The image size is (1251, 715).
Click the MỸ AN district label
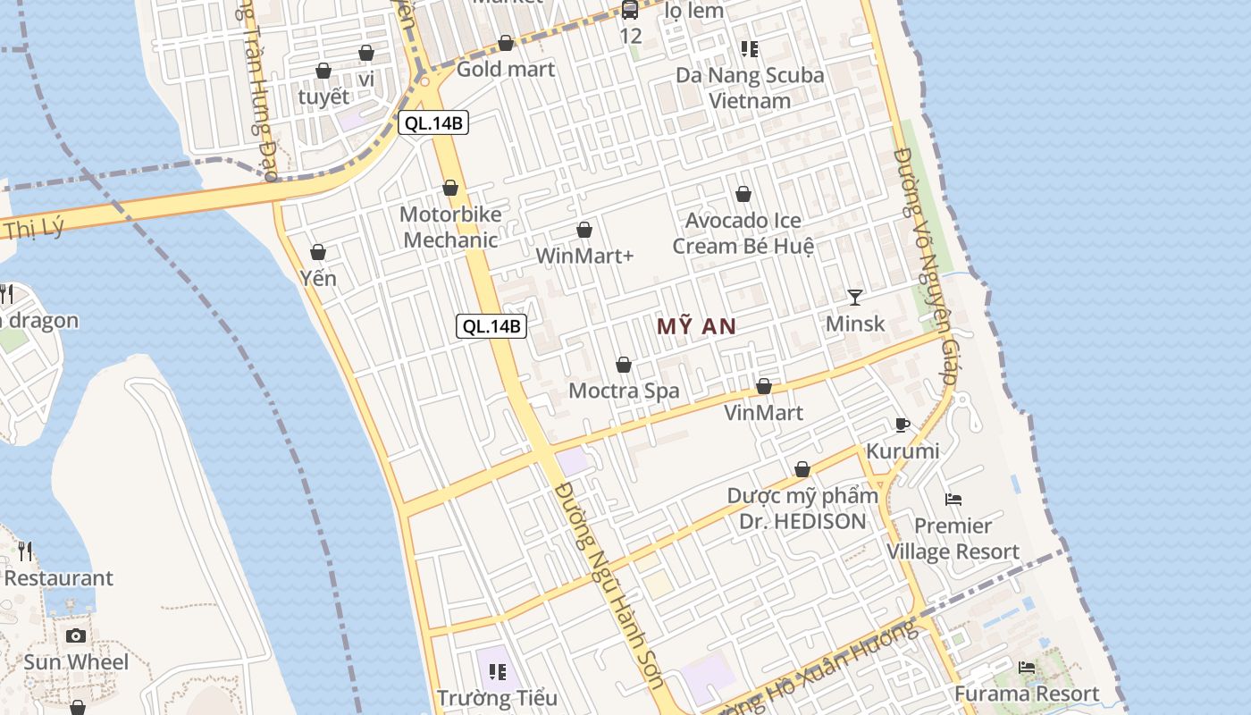(x=696, y=326)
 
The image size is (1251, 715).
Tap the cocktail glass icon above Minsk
(x=855, y=297)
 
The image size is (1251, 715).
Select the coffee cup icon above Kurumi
(x=902, y=425)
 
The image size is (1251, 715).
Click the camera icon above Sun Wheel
(x=76, y=635)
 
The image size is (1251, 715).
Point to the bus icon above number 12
(x=630, y=10)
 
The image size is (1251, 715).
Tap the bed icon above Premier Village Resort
(x=953, y=499)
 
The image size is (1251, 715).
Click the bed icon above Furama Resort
(x=1027, y=667)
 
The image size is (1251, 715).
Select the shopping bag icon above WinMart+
(x=584, y=230)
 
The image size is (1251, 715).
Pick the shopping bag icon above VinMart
(x=764, y=386)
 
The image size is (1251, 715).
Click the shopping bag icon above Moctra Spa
(x=624, y=365)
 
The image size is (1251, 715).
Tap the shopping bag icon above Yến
(x=318, y=252)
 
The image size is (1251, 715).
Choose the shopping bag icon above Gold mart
(x=506, y=43)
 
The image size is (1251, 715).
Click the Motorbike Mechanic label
(x=450, y=227)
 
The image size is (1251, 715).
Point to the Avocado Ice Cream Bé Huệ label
(x=743, y=233)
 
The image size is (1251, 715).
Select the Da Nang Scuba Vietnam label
(x=750, y=88)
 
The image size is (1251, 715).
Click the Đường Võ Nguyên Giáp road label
(x=925, y=268)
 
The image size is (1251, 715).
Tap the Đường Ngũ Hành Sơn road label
(x=609, y=585)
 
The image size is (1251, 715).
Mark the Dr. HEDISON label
(x=802, y=521)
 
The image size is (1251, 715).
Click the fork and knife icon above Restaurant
(x=25, y=551)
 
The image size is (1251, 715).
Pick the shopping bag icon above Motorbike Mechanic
(x=450, y=188)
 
